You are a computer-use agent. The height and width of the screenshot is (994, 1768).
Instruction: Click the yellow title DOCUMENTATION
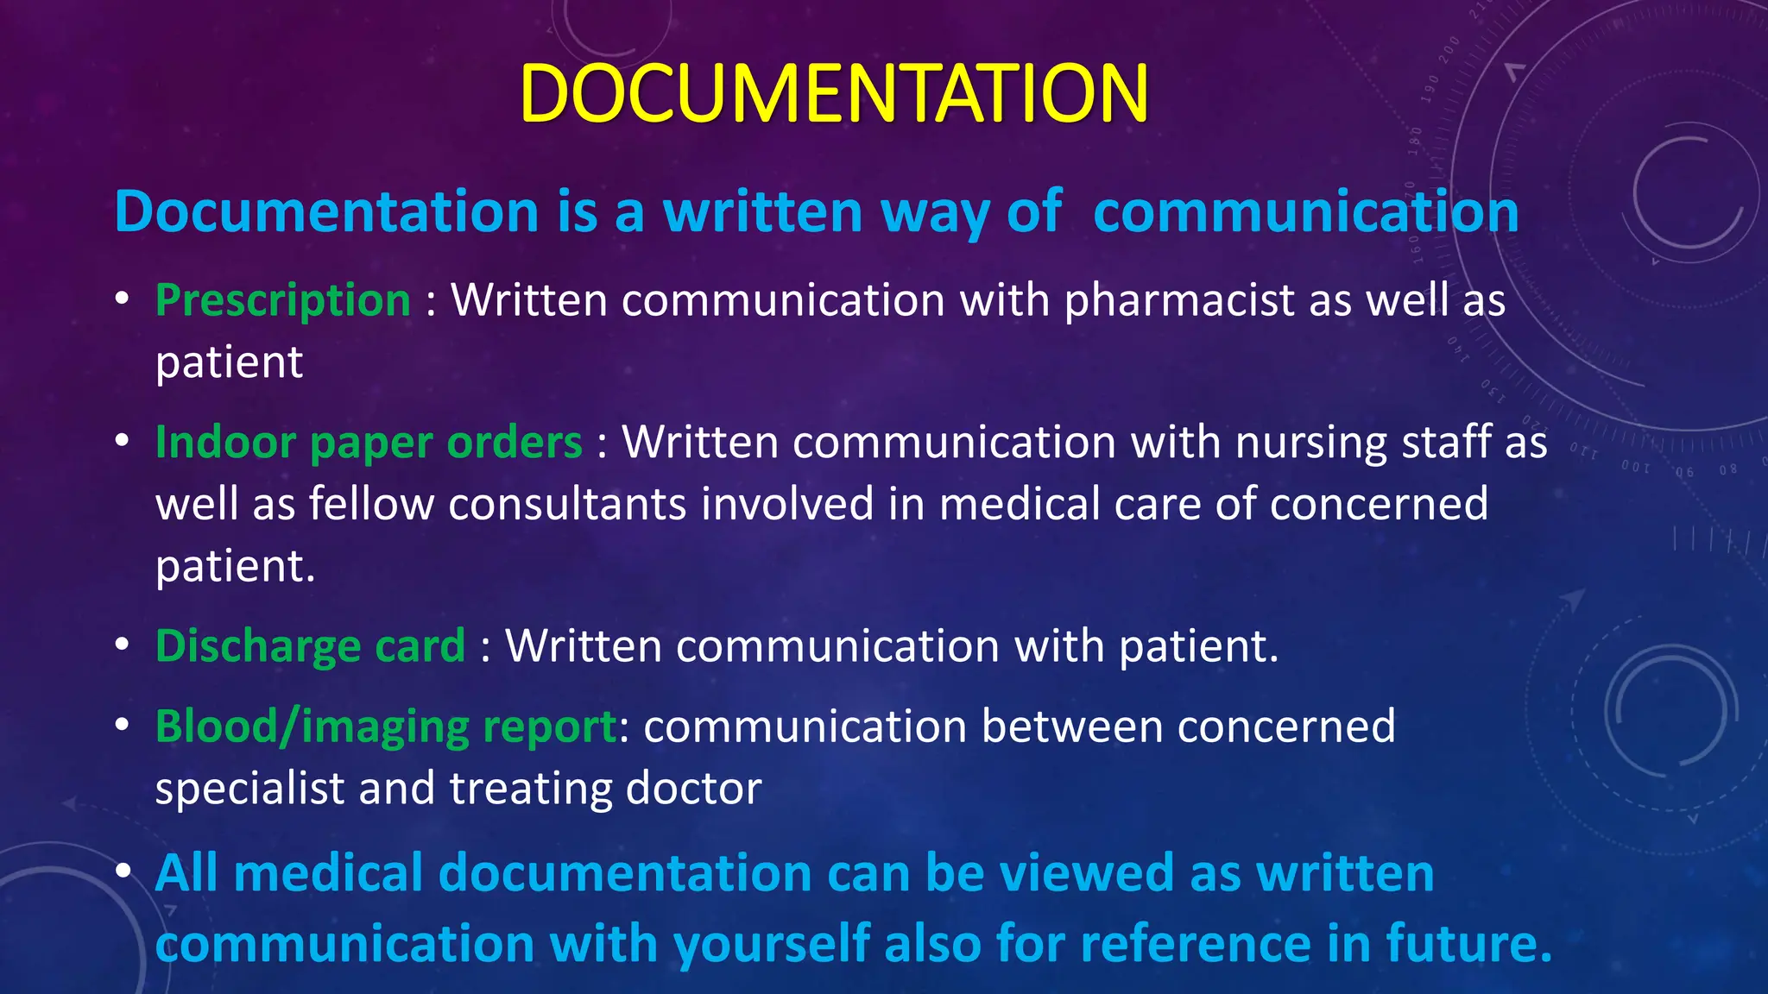pos(834,93)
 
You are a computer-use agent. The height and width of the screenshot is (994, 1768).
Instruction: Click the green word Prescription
pos(283,300)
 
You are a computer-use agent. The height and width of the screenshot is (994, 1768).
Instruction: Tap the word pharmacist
pos(1179,300)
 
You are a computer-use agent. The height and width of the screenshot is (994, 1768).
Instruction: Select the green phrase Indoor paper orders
pos(369,443)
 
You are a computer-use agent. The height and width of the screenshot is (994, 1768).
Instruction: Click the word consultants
pos(566,504)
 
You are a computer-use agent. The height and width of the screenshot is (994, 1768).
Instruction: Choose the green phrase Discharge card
pos(310,645)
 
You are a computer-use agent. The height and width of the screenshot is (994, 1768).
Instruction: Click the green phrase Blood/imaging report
pos(386,727)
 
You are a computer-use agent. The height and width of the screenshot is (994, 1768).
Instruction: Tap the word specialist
pos(249,789)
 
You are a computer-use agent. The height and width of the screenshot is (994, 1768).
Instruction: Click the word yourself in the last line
pos(773,943)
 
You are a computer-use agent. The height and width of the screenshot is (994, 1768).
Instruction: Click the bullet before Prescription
pos(123,299)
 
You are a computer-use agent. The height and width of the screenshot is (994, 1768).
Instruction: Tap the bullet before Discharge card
pos(123,645)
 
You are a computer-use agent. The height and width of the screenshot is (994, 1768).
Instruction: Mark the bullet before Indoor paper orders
pos(123,442)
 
